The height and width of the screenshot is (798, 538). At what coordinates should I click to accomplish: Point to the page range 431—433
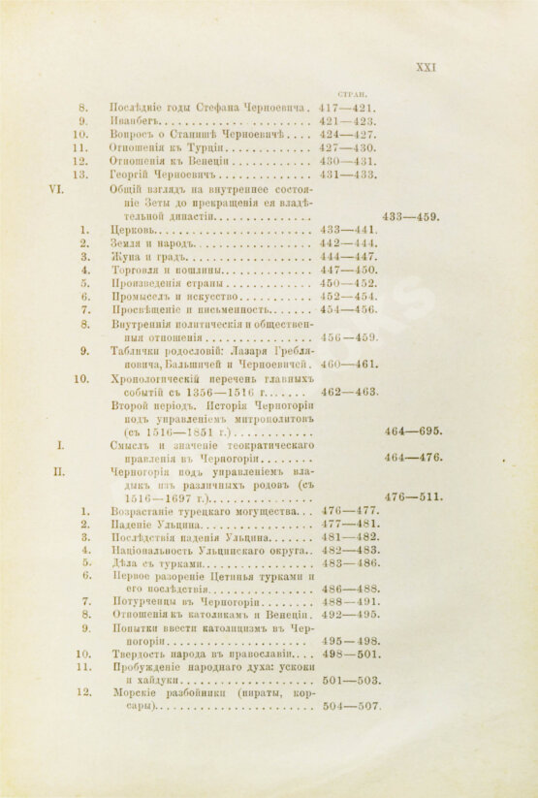coord(348,176)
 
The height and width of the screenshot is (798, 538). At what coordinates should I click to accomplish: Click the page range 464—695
coord(413,431)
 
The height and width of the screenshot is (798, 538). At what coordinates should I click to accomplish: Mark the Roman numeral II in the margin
coord(57,472)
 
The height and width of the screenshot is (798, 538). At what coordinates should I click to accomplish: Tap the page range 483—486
coord(348,563)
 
